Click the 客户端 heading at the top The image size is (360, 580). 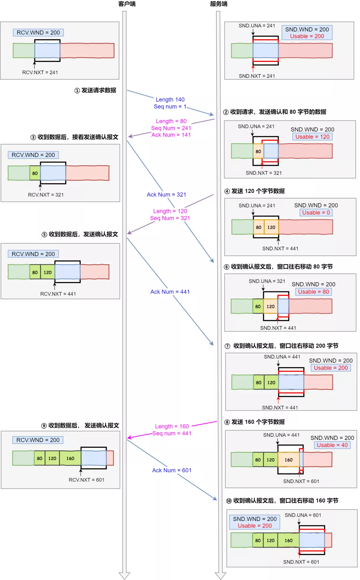click(127, 4)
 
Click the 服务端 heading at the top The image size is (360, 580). click(219, 4)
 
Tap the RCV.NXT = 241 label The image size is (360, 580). click(40, 72)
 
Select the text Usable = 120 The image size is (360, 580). click(312, 137)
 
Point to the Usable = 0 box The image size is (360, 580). click(316, 213)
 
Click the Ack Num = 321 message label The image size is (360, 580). click(166, 195)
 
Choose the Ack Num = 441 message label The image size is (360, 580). click(170, 292)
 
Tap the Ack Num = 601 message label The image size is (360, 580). click(172, 470)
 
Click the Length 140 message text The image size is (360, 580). click(170, 100)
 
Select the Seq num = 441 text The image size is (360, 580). click(172, 433)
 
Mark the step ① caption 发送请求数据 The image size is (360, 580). click(95, 90)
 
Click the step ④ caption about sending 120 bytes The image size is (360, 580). click(255, 191)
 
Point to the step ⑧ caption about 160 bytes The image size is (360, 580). click(255, 422)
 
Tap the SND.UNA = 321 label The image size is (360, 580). click(267, 281)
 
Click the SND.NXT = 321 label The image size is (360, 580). click(264, 173)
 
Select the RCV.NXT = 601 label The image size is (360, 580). click(87, 480)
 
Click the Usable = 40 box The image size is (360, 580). click(332, 445)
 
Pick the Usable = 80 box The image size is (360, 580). click(314, 292)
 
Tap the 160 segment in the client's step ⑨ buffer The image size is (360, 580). click(70, 458)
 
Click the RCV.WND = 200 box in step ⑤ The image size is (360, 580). click(33, 254)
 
